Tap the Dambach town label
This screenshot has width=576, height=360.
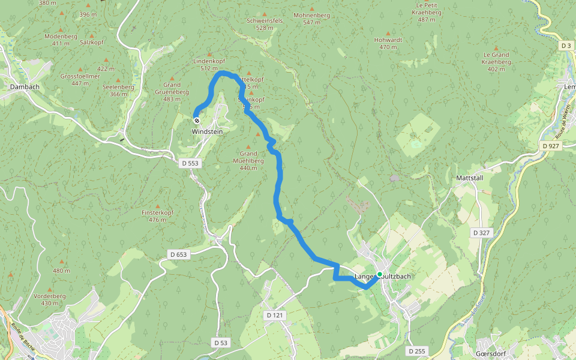[x=24, y=87]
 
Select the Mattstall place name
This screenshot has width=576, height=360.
[x=470, y=178]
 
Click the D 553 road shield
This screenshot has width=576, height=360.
[x=191, y=163]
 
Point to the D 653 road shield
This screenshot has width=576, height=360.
[x=178, y=255]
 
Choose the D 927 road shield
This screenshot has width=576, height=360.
[x=550, y=146]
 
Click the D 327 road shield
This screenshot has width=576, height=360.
[x=481, y=232]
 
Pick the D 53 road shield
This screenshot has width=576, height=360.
[x=221, y=342]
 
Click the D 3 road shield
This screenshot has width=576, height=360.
[x=566, y=46]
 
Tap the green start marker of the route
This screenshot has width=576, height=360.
[x=379, y=274]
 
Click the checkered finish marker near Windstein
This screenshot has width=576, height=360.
[x=197, y=120]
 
